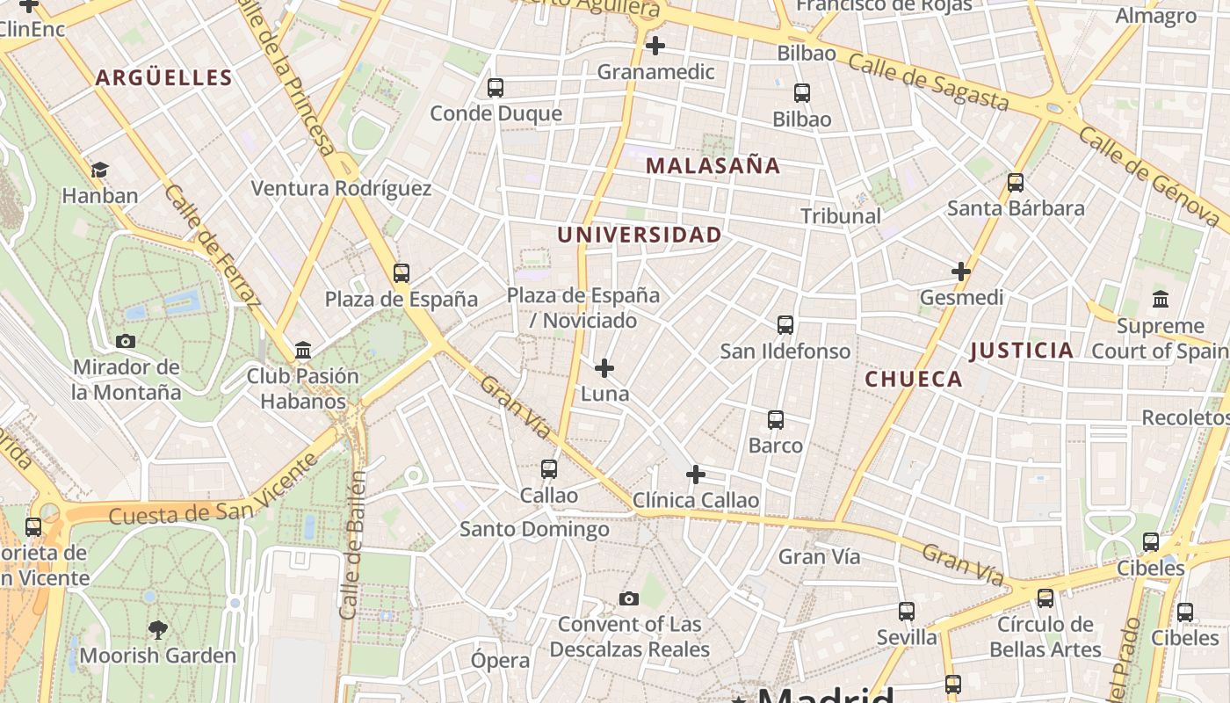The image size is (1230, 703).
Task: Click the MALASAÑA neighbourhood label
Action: (x=713, y=165)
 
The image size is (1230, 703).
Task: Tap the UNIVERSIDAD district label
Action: (x=639, y=235)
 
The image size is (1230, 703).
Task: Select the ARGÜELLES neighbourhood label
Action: (x=163, y=77)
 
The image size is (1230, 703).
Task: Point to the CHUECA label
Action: (x=914, y=379)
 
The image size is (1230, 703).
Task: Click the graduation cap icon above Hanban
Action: (x=100, y=170)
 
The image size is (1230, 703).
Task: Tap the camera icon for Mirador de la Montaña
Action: (x=126, y=341)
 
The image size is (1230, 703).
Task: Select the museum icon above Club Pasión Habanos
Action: (x=303, y=351)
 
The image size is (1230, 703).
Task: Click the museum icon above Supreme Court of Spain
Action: (x=1160, y=300)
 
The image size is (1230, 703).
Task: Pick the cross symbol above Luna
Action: (x=604, y=368)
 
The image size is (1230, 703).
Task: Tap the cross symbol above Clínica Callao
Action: (x=696, y=475)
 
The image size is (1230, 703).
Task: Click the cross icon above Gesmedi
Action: (x=961, y=272)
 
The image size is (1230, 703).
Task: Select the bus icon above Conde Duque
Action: (x=496, y=88)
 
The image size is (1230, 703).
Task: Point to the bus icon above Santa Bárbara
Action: (x=1016, y=183)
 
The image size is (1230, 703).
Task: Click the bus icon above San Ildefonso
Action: (x=785, y=325)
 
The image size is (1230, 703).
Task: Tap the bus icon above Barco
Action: (x=776, y=420)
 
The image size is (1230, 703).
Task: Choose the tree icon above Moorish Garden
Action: (x=158, y=629)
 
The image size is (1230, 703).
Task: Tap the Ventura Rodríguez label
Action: (x=341, y=188)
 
